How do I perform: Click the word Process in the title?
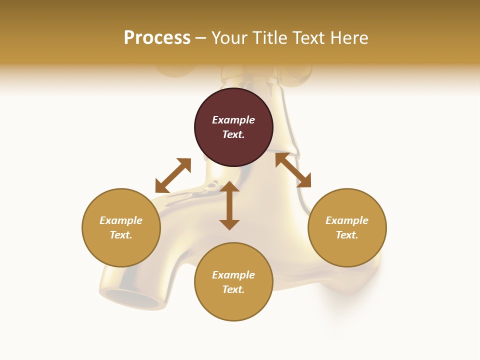[x=157, y=38]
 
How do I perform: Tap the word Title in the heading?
[x=273, y=38]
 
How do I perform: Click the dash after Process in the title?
[x=200, y=38]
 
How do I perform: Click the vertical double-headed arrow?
[x=229, y=205]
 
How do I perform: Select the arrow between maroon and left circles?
[x=173, y=175]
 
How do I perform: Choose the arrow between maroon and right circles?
[x=293, y=170]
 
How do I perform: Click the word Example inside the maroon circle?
[x=233, y=120]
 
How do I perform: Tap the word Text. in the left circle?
[x=121, y=235]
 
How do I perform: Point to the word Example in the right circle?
[x=347, y=220]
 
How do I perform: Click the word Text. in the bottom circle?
[x=233, y=289]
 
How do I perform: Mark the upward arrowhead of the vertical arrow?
[x=229, y=187]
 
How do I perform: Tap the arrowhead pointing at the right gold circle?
[x=304, y=180]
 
